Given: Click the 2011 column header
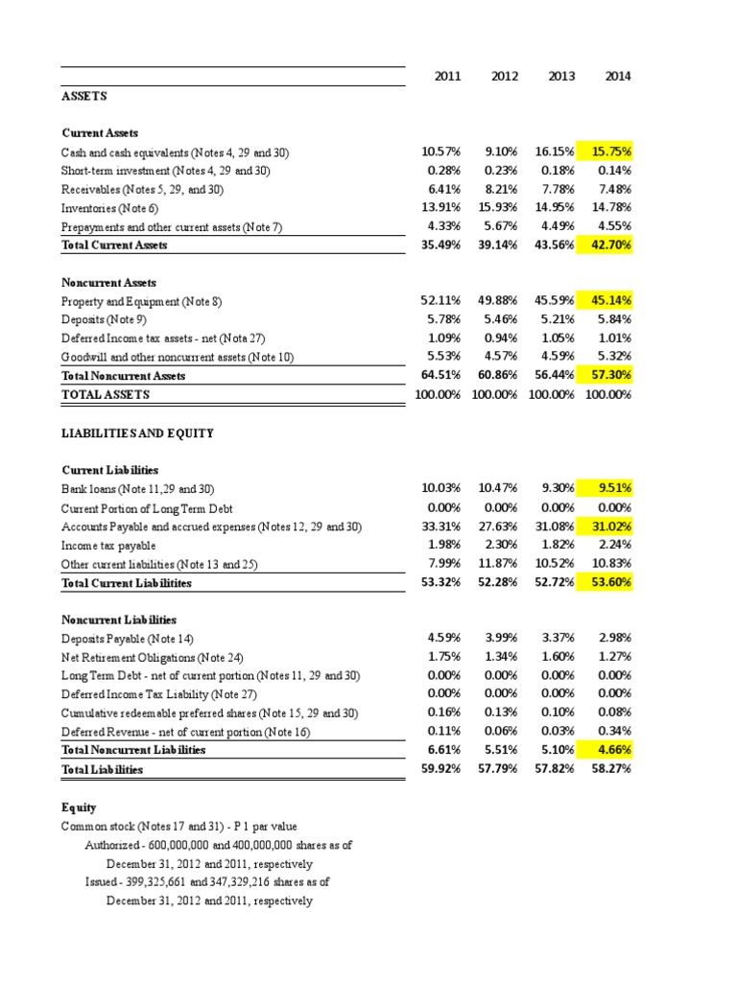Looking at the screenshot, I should (447, 77).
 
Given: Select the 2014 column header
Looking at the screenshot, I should (617, 77).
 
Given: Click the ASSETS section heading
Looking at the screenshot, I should (84, 97).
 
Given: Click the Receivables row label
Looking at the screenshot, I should (142, 190).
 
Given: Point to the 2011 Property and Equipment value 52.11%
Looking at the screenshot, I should (441, 301).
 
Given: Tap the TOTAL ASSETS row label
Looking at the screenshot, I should (106, 394).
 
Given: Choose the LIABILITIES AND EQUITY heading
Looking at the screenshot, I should (137, 433).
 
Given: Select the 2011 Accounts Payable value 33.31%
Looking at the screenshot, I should (441, 526).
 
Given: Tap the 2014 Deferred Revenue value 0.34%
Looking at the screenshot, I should (614, 732).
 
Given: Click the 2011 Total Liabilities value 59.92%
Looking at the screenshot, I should (441, 769).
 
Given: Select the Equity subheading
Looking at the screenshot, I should (79, 808).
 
